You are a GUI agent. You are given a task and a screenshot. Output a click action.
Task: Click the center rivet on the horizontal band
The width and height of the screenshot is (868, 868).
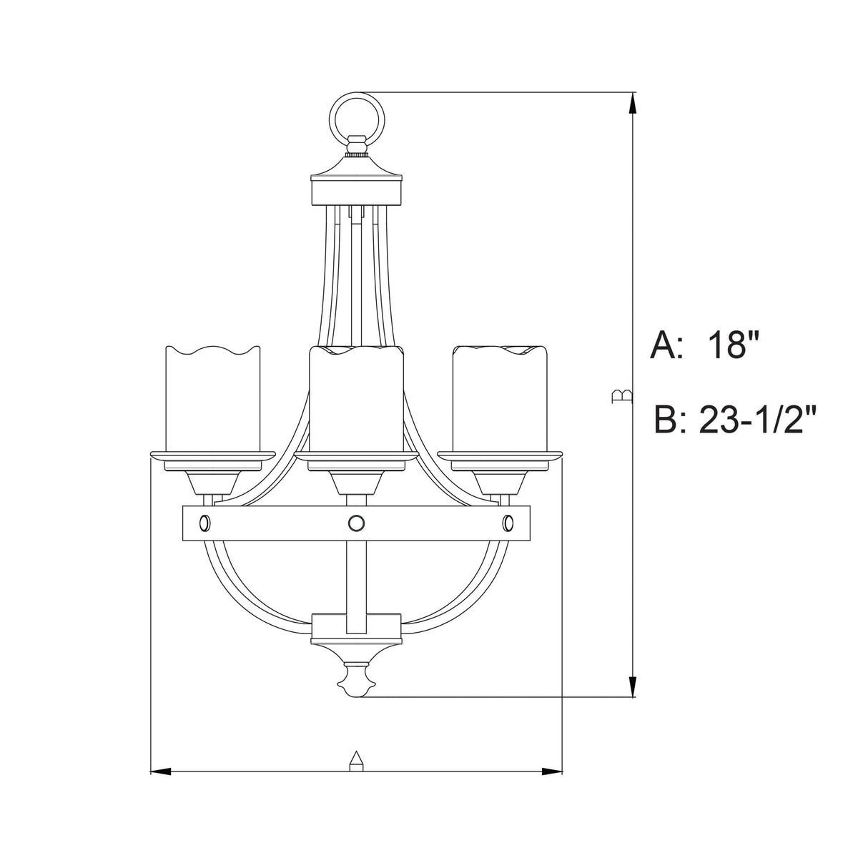tap(355, 523)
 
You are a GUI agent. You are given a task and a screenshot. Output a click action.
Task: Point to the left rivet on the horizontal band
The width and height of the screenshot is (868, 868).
tap(204, 523)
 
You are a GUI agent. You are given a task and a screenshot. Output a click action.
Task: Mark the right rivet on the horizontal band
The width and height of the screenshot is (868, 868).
tap(508, 523)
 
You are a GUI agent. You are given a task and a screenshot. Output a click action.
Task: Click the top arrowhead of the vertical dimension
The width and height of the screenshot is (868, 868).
tap(632, 104)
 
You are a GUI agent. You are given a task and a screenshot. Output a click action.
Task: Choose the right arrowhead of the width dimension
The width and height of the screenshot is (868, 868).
tap(552, 771)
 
